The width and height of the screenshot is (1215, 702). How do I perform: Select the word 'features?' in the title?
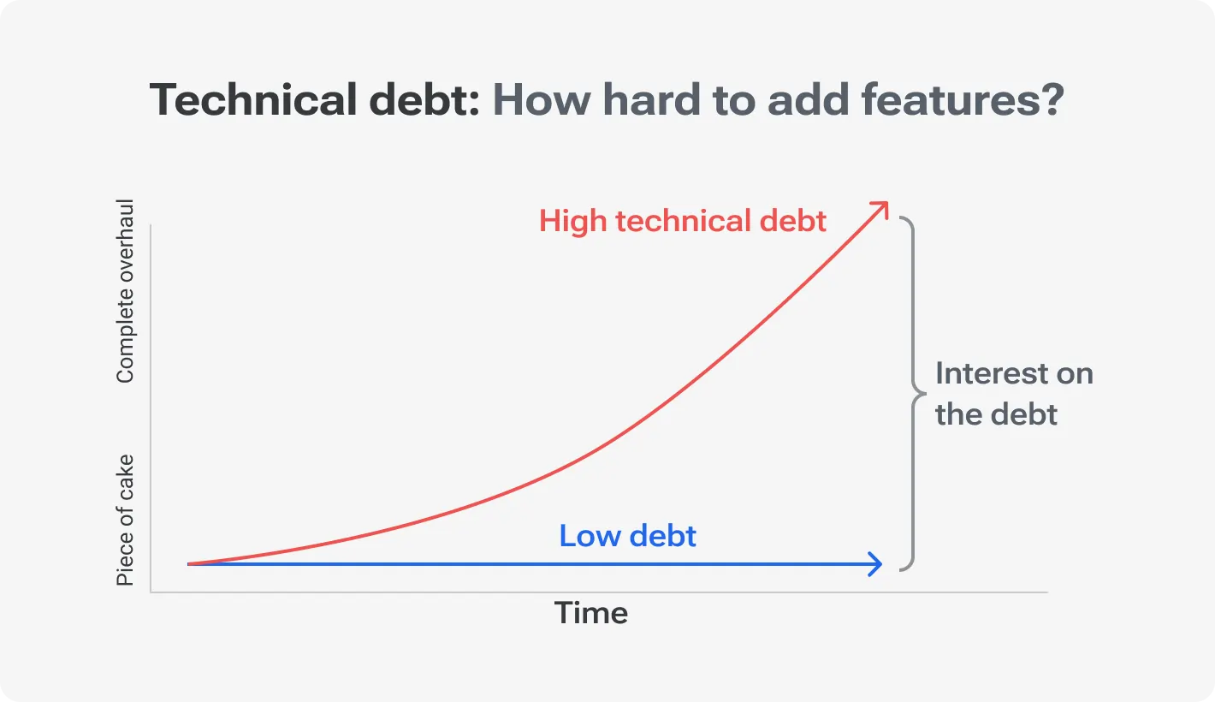pos(962,101)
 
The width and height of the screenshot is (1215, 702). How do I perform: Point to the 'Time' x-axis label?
pos(591,613)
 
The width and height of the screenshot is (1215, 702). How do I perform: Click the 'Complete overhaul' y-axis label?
pos(126,291)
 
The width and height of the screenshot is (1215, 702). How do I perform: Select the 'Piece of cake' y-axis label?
pos(126,520)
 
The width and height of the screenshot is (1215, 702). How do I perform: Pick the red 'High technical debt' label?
pos(683,222)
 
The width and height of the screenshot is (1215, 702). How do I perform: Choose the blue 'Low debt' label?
pos(627,537)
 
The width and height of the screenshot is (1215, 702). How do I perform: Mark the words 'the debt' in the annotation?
pos(996,415)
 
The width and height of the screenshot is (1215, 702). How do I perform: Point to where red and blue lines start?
pos(190,564)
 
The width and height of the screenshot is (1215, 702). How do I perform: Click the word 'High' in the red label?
pos(573,222)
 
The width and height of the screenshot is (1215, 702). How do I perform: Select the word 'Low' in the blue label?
pos(584,537)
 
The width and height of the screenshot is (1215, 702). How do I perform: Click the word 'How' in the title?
pos(541,101)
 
